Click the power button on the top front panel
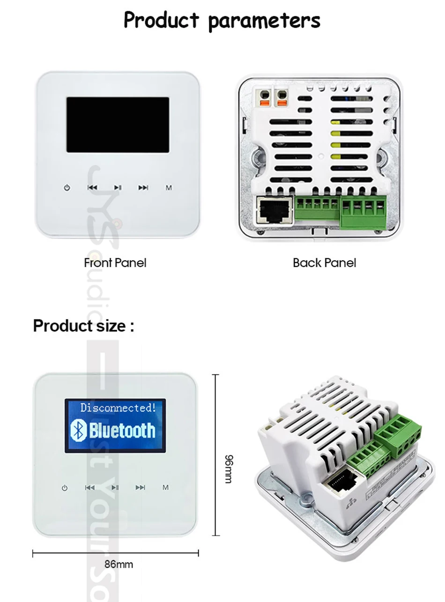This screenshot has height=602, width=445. (67, 188)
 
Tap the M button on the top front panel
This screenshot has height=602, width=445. (169, 188)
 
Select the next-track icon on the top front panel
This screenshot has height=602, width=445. (143, 188)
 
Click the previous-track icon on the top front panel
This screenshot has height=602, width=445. (92, 188)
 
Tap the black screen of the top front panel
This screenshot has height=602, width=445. (118, 125)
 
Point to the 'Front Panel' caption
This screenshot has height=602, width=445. (115, 263)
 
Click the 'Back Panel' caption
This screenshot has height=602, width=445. (324, 263)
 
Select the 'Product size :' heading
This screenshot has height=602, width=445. (83, 325)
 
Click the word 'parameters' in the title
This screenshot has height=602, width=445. (263, 20)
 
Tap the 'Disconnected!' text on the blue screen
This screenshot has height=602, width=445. (118, 408)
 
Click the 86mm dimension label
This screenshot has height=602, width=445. (119, 564)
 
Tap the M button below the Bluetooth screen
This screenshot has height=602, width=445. (165, 488)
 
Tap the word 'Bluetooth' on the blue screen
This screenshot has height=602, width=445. (122, 430)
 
